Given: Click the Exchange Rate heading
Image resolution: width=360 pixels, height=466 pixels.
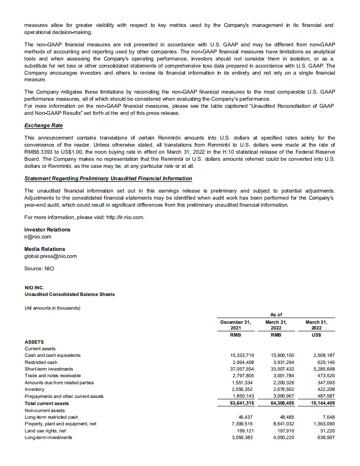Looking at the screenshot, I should click(43, 125).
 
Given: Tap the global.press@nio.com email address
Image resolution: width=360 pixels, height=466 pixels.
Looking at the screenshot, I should click(50, 256).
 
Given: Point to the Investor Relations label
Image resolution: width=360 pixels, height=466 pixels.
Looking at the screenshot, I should click(47, 230).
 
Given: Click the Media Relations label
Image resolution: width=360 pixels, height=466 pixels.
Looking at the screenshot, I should click(45, 249).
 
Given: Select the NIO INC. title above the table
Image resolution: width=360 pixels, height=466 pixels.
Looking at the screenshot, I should click(34, 288).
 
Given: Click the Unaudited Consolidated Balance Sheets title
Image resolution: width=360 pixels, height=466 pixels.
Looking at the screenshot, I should click(69, 294).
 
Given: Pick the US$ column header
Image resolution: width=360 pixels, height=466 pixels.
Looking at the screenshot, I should click(316, 335).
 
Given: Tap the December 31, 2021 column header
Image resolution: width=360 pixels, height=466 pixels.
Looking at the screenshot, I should click(235, 325).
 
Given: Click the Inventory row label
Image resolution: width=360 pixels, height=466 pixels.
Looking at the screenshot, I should click(34, 389).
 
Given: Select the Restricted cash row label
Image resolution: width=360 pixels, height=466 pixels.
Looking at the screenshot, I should click(41, 362).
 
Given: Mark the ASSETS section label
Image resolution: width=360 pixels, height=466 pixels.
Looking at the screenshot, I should click(34, 341).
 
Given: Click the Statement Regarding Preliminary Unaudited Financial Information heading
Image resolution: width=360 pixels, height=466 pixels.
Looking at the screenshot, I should click(108, 178).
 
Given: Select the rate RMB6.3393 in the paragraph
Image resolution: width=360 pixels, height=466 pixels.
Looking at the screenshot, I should click(38, 152).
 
